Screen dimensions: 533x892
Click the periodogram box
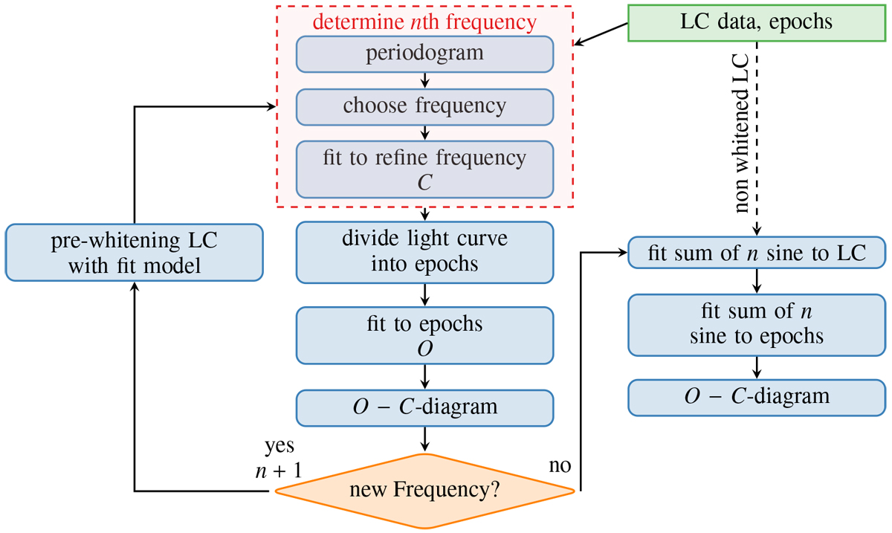point(425,54)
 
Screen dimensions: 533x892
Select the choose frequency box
point(425,106)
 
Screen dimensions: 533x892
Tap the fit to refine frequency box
point(425,169)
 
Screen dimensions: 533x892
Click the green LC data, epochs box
point(757,22)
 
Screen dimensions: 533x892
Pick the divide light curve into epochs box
point(425,252)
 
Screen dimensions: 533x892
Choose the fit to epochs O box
point(425,337)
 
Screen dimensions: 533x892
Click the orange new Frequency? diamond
point(425,491)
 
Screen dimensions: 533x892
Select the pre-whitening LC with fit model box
point(135,253)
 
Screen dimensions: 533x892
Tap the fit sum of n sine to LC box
point(757,253)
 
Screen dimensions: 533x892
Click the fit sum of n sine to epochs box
point(757,324)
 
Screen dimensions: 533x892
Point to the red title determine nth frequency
point(424,22)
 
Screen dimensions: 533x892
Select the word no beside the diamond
point(560,466)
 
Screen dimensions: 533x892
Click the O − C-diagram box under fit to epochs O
point(425,407)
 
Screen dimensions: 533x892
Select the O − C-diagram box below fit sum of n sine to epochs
point(757,395)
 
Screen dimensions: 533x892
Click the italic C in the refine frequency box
point(424,183)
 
